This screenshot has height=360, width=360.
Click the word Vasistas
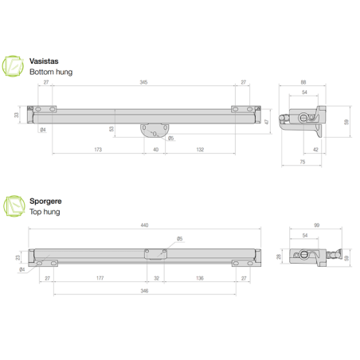(x=43, y=61)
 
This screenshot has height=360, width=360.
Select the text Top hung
(x=45, y=212)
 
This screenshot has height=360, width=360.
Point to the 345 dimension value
(x=143, y=82)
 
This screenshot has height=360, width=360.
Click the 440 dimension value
(x=144, y=226)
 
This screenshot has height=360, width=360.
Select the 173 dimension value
(x=97, y=149)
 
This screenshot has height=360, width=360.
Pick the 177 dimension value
(x=99, y=279)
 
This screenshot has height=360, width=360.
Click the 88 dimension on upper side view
(x=303, y=82)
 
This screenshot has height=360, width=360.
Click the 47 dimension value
(x=268, y=120)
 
